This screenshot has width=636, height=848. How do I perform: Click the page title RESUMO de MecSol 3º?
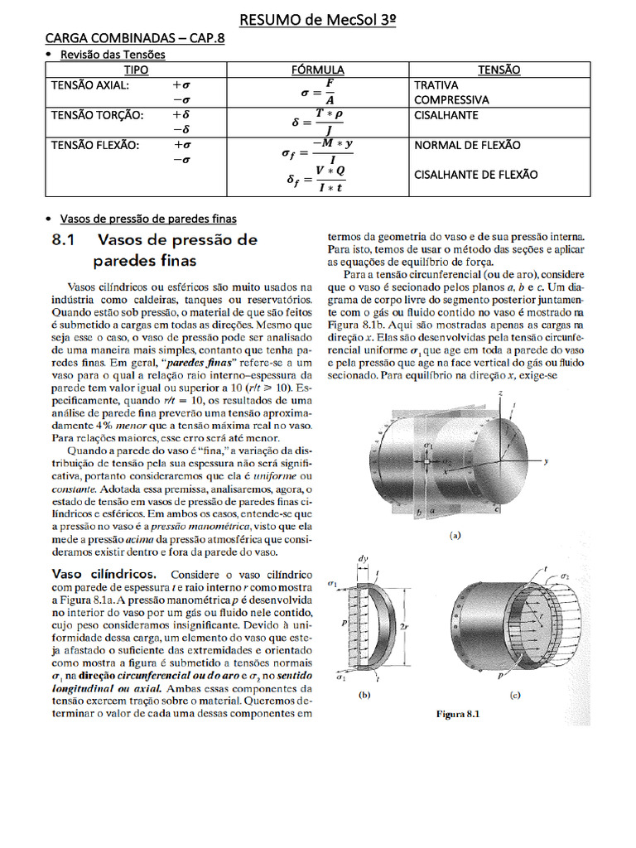point(317,19)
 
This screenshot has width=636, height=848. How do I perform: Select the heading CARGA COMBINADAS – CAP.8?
point(134,39)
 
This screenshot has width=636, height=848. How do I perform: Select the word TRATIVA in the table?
point(436,84)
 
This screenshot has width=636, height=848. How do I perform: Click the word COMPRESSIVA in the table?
point(450,99)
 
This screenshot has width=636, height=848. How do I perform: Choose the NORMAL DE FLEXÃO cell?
point(466,145)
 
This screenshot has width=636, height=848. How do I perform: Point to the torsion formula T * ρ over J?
point(317,122)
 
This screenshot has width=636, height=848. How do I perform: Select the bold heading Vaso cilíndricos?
point(104,573)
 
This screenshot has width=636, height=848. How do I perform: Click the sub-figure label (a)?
point(455,535)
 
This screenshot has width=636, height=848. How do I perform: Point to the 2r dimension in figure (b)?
point(403,628)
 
